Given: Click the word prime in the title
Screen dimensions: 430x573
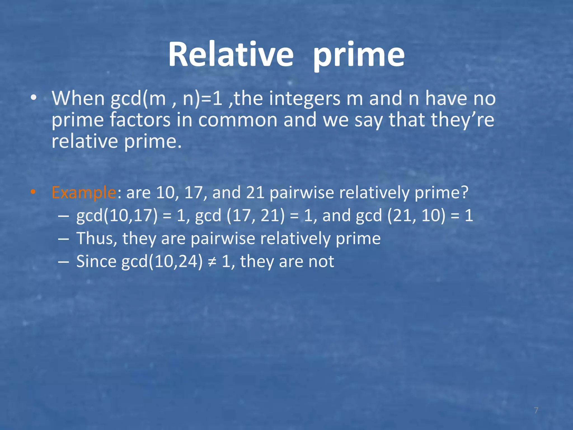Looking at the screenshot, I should (359, 55).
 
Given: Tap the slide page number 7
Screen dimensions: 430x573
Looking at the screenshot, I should (536, 410).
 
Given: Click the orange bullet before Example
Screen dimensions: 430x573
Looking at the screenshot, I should (33, 192).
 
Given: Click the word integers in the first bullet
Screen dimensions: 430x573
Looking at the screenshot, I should (304, 99).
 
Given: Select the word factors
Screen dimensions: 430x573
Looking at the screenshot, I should (140, 120).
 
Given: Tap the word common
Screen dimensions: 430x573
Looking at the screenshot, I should (238, 120).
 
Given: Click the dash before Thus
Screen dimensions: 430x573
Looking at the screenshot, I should (64, 239).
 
